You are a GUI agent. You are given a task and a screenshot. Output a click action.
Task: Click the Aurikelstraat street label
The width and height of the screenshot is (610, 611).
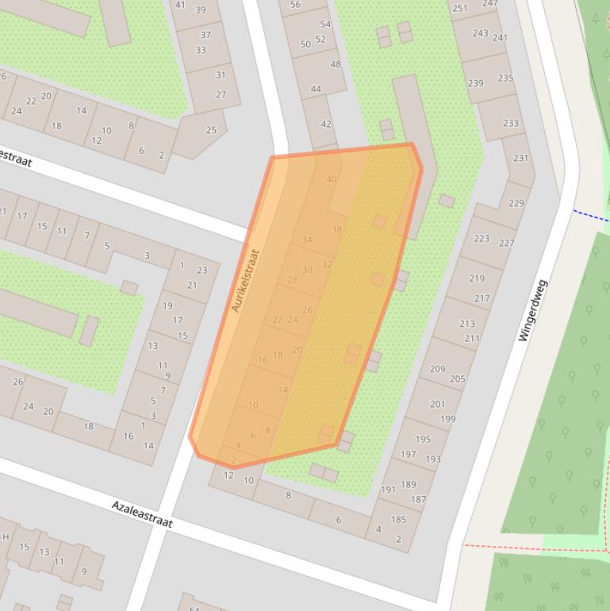point(246,281)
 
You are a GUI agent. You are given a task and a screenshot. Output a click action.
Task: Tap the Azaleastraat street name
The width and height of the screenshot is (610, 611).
point(141,514)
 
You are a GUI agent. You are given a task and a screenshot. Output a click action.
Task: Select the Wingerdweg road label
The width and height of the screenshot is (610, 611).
point(533,310)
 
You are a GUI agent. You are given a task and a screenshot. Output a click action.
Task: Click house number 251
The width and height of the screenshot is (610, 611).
point(459,9)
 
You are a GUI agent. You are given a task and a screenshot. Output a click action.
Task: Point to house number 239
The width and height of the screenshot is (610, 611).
point(475,83)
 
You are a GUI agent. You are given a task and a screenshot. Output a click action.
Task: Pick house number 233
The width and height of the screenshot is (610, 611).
point(510,123)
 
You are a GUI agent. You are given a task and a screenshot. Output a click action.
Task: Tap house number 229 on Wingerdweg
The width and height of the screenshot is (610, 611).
point(516,203)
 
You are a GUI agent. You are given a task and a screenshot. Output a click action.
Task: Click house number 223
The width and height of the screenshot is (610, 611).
point(481,238)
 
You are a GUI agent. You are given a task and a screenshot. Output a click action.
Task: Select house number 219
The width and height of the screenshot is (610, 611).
point(477,279)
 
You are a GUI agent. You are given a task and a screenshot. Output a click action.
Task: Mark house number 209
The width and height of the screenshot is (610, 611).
point(437,369)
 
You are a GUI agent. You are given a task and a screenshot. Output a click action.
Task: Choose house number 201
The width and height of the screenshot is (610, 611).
point(438,404)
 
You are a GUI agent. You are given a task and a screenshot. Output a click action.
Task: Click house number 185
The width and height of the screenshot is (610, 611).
point(398,520)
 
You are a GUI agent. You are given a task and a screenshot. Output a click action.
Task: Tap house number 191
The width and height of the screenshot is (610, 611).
point(388,490)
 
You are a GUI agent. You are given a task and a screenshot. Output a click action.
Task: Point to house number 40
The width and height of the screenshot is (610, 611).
point(331,179)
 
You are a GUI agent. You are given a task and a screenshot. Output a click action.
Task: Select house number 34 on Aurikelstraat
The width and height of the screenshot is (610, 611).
point(307,240)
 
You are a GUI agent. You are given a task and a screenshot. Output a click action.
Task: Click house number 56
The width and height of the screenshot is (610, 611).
point(295,5)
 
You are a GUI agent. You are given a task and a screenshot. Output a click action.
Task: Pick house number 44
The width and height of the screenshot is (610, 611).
point(316,89)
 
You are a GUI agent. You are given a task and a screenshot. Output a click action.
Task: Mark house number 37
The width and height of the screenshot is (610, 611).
point(205,35)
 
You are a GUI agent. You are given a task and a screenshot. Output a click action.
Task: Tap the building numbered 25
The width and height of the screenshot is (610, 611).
point(211,130)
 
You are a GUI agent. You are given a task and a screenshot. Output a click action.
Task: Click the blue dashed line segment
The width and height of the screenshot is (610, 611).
point(591,215)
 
